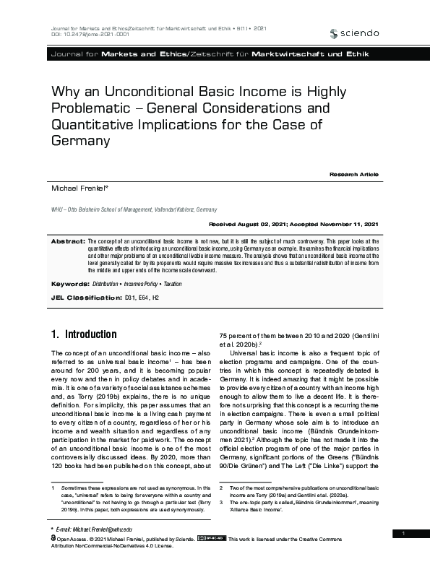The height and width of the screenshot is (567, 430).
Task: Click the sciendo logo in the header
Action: tap(353, 33)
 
